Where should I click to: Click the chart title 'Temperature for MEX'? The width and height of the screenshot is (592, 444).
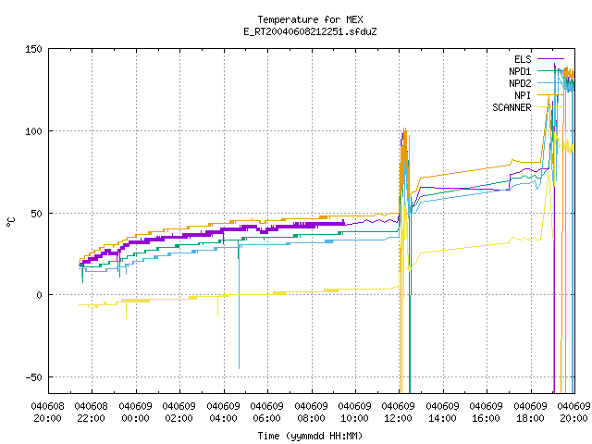310,19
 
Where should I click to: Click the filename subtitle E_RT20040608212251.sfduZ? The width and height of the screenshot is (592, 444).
310,31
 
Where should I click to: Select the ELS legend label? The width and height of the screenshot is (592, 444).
523,59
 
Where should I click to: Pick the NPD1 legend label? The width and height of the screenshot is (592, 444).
520,71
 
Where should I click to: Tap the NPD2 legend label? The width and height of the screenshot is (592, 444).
520,83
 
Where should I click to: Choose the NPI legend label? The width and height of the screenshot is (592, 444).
523,95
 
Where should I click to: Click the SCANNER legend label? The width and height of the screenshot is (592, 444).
512,107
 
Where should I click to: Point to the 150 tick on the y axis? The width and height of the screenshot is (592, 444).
33,49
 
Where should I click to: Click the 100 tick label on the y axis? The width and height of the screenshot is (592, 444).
33,131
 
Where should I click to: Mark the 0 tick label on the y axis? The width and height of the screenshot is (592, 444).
39,295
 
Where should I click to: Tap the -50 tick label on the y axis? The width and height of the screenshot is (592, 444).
33,377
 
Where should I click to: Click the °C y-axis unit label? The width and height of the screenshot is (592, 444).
10,222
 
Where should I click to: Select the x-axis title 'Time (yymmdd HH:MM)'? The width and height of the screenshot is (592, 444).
310,436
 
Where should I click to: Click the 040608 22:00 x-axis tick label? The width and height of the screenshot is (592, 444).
91,413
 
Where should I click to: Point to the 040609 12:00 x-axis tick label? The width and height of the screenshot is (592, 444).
398,413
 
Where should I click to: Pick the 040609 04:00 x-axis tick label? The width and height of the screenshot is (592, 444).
223,413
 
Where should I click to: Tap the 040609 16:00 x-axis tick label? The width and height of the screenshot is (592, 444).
486,413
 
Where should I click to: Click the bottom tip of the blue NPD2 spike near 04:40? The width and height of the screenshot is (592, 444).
239,368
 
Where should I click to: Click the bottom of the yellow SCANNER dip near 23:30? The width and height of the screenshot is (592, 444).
126,317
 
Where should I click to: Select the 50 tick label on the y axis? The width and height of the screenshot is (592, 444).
36,214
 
